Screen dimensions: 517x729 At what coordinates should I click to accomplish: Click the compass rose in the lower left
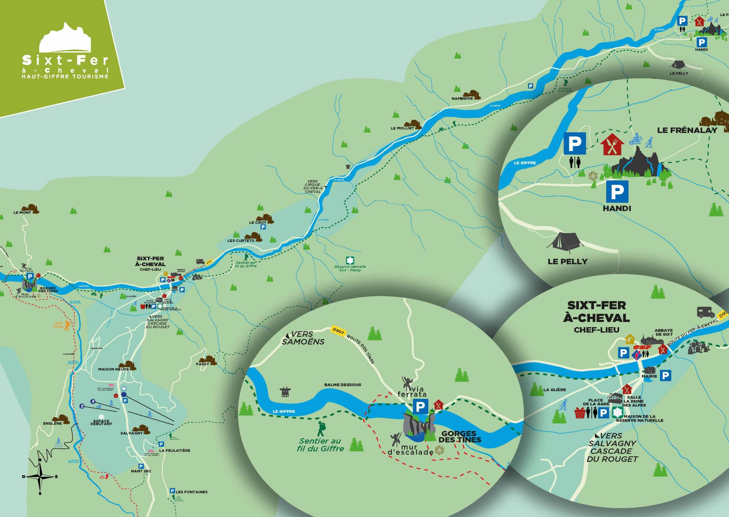click(x=40, y=476)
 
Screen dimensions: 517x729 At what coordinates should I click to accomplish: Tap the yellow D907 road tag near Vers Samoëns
click(x=338, y=331)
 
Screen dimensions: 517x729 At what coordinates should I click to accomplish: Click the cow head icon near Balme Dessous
click(x=285, y=392)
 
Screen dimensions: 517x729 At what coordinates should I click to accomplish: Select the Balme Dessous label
click(x=342, y=385)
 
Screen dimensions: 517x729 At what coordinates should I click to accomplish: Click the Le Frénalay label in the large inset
click(x=687, y=130)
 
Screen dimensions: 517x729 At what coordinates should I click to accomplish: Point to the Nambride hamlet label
click(x=462, y=99)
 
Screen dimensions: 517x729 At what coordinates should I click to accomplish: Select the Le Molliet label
click(x=402, y=128)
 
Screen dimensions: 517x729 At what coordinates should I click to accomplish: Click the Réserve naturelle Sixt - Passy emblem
click(x=350, y=260)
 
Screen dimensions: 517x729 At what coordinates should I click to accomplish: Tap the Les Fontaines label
click(x=192, y=492)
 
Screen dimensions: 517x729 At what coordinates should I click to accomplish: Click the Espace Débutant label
click(x=101, y=422)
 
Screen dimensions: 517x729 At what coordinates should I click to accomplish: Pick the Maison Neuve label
click(x=113, y=369)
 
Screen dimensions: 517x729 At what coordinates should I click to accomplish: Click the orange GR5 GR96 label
click(x=58, y=325)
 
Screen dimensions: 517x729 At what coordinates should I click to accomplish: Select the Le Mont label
click(x=22, y=212)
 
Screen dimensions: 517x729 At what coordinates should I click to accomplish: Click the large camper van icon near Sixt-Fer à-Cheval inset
click(x=706, y=312)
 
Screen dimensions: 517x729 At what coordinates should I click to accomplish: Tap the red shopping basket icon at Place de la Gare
click(x=580, y=413)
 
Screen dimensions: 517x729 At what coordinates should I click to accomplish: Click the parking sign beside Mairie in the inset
click(x=665, y=375)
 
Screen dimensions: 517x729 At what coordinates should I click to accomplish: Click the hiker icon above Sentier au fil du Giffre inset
click(x=321, y=429)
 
